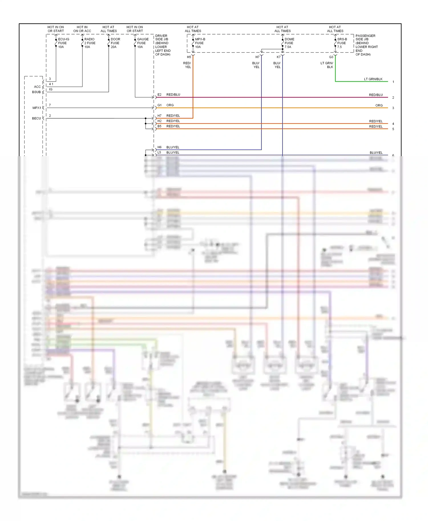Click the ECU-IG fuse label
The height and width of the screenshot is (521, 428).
63,43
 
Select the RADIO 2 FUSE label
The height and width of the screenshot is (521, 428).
90,43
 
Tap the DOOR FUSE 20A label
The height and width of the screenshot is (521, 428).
115,43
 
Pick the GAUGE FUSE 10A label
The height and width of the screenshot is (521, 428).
142,43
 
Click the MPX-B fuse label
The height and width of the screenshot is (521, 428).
200,43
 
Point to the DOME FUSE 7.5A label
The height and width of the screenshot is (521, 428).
289,43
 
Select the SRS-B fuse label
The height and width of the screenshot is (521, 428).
342,43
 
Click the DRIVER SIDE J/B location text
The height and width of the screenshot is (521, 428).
163,45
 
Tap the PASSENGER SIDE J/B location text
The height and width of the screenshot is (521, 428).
366,45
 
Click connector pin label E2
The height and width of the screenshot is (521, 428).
160,95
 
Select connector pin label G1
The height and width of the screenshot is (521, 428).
160,105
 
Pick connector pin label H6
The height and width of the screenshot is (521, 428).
160,147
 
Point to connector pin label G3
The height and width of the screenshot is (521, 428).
331,57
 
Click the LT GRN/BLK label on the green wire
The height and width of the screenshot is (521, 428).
373,79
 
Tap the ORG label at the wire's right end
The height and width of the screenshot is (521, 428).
379,105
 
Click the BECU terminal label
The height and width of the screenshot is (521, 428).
36,118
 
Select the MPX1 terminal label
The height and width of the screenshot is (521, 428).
37,108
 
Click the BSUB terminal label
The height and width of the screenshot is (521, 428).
36,92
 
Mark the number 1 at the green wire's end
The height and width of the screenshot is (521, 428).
393,82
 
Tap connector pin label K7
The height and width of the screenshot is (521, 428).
278,57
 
